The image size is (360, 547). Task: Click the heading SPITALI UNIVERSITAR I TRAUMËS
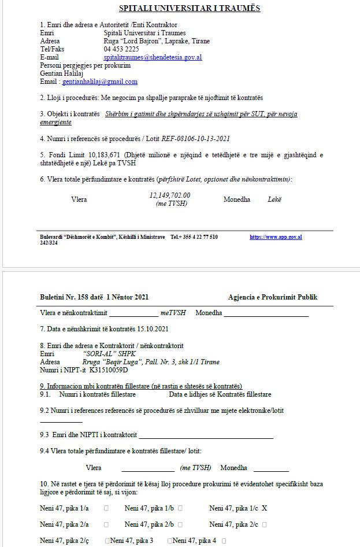(181, 8)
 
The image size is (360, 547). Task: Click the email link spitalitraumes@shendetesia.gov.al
(153, 58)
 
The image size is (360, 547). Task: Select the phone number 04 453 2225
(121, 49)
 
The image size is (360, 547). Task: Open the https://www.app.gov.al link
(276, 237)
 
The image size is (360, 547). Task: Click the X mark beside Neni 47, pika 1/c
(264, 508)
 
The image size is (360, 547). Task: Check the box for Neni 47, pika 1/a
(106, 508)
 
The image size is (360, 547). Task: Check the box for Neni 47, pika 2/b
(180, 524)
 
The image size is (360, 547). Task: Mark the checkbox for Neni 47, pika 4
(224, 541)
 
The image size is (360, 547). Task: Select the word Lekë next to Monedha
(274, 199)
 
